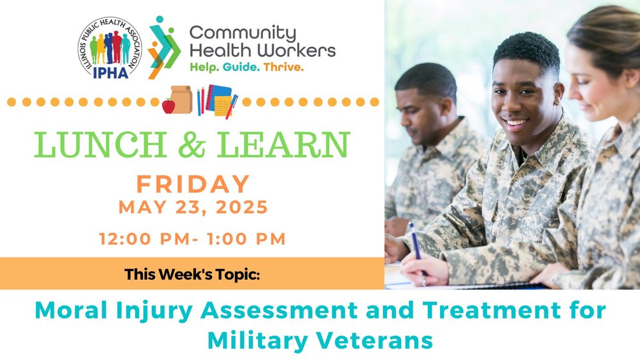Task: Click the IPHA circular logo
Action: coord(110,48)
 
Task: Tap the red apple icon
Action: coord(168,106)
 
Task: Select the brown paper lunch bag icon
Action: coord(181,99)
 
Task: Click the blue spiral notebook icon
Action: coord(220,97)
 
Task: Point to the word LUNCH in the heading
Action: coord(101,145)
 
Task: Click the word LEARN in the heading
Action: coord(283,145)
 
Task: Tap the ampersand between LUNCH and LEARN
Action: coord(192,145)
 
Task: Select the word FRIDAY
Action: coord(193,184)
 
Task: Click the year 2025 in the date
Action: coord(242,207)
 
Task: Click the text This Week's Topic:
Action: coord(192,274)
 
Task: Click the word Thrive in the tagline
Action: coord(283,67)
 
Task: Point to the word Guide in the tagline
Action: coord(241,67)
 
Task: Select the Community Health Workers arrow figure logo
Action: coord(163,47)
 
